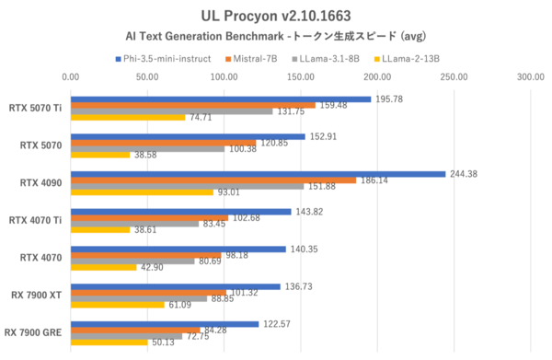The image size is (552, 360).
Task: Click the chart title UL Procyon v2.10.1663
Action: click(276, 17)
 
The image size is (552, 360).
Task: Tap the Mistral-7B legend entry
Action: click(259, 59)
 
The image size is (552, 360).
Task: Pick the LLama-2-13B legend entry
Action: click(407, 59)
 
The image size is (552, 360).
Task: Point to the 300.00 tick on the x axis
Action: click(530, 77)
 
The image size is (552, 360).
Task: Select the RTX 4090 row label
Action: click(41, 183)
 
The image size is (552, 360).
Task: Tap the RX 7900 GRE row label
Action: click(35, 332)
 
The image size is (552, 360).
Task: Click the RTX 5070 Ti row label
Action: click(35, 108)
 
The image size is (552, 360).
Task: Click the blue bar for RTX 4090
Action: click(258, 173)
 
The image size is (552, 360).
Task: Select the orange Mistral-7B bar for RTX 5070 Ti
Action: click(193, 105)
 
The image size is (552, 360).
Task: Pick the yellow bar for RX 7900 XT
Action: click(118, 304)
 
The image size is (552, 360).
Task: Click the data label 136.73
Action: click(300, 285)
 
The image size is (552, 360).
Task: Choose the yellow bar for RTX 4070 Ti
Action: click(100, 229)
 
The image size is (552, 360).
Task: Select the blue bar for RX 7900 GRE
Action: click(165, 323)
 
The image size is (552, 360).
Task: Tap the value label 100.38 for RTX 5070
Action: click(244, 148)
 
